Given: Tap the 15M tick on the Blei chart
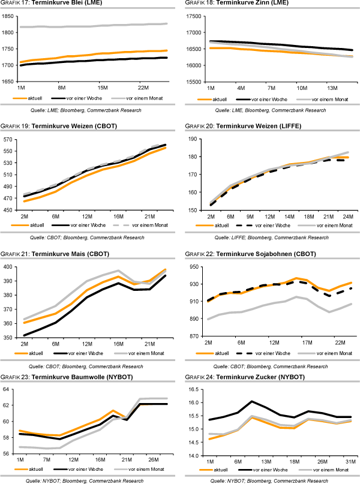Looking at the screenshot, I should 102,87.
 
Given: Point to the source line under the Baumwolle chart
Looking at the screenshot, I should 87,480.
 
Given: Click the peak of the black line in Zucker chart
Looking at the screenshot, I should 252,401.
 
